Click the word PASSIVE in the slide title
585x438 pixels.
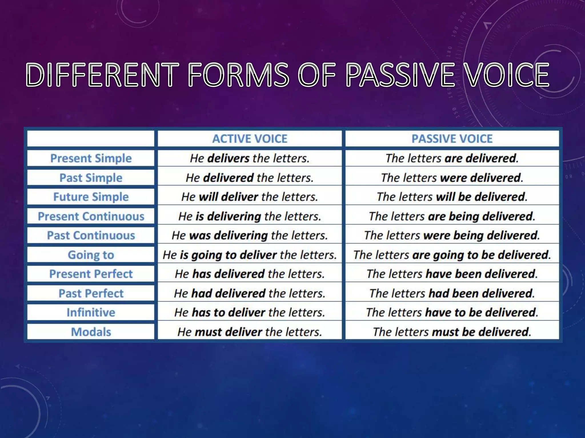point(400,75)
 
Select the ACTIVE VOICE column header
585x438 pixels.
point(250,139)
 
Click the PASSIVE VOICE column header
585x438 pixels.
point(452,139)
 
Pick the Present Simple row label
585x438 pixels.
point(91,158)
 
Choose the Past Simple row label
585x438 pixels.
point(91,178)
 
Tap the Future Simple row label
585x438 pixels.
point(91,197)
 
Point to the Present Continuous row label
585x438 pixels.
point(91,216)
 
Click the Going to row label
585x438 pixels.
point(91,255)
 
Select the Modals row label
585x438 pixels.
point(91,332)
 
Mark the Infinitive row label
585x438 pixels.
point(91,313)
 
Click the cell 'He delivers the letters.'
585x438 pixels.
point(250,158)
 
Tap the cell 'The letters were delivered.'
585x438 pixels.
point(452,178)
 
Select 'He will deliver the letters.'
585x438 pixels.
point(250,197)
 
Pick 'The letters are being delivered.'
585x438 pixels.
point(452,216)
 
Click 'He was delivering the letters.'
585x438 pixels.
point(250,236)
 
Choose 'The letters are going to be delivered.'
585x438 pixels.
point(452,255)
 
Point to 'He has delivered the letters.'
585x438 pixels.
point(250,274)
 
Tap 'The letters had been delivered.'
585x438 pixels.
point(452,293)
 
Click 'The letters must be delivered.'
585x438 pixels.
point(452,332)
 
